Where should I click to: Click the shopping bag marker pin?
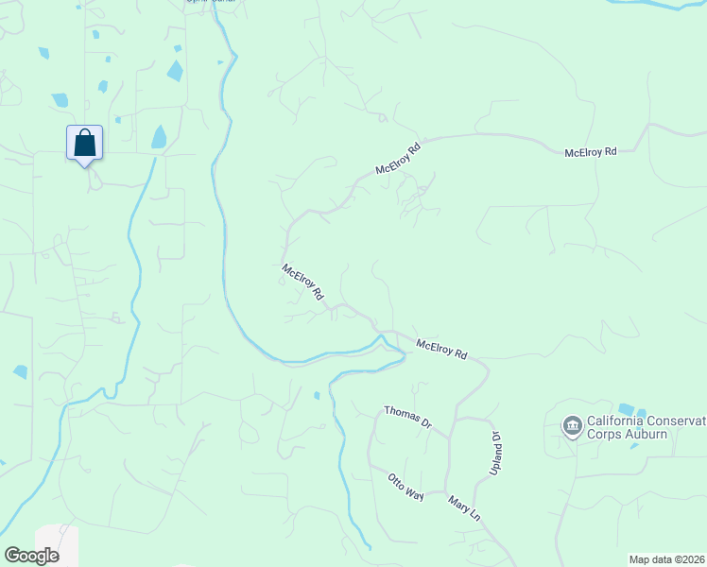click(x=84, y=144)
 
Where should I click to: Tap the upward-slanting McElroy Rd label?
click(x=397, y=158)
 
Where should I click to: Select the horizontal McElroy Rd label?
click(x=590, y=151)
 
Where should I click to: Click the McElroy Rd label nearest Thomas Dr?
click(x=441, y=350)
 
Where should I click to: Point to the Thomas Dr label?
click(x=407, y=418)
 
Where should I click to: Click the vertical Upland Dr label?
click(x=494, y=453)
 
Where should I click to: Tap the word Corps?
click(x=605, y=435)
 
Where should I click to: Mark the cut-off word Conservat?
click(x=680, y=421)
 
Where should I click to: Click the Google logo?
click(x=31, y=556)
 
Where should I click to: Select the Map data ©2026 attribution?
click(x=667, y=559)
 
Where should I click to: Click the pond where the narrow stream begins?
click(x=159, y=138)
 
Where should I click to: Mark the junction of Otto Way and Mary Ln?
click(x=444, y=495)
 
